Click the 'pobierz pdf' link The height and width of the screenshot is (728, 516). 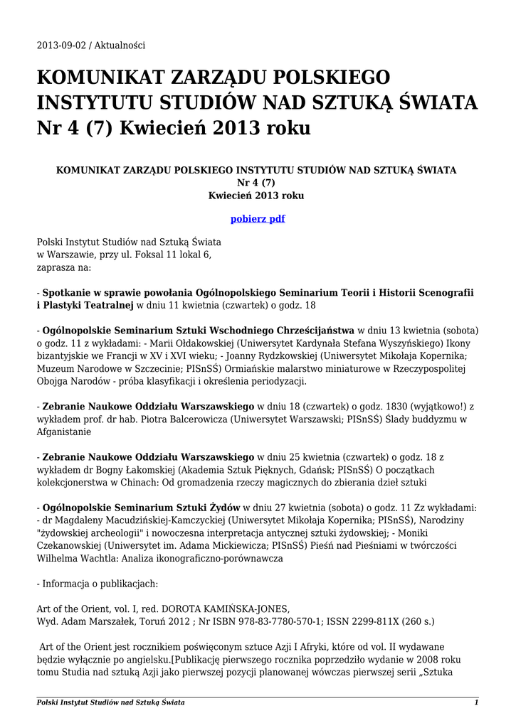click(x=258, y=219)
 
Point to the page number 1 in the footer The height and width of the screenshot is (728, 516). click(x=475, y=703)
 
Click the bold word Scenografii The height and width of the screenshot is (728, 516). click(x=442, y=292)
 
